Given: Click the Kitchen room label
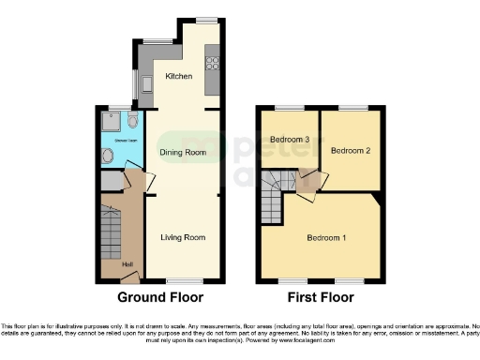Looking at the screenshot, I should coord(178,76).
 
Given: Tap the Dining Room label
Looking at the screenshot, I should coord(182,151).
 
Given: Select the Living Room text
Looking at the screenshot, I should coord(182,237).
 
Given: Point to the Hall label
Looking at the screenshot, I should coord(127,262).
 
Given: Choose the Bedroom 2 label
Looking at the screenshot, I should coord(351,149).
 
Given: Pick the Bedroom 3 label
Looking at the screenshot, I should coord(290,140).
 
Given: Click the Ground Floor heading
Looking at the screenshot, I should coord(160,298).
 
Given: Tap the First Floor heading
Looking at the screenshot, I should coord(320,298).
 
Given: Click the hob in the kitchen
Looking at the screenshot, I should coord(212,63).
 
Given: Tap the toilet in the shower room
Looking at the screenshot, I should coord(132,121).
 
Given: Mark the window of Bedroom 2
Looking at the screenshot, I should coord(352,108).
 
